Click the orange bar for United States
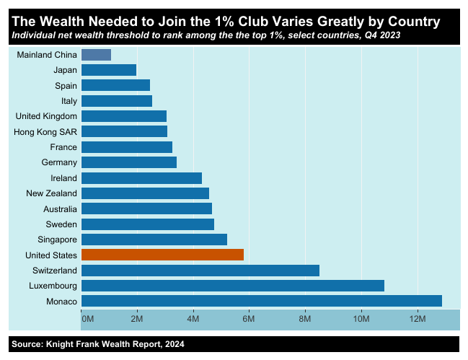click(x=162, y=255)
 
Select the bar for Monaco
click(x=261, y=301)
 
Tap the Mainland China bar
click(x=96, y=54)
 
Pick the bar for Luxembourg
click(x=232, y=286)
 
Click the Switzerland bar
click(x=200, y=271)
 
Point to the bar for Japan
click(x=108, y=70)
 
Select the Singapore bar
click(x=154, y=240)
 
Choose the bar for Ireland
click(x=141, y=177)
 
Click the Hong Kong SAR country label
click(x=45, y=131)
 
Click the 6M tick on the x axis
click(x=249, y=318)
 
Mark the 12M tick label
click(x=418, y=318)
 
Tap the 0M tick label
click(x=88, y=318)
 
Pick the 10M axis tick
click(x=361, y=318)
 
